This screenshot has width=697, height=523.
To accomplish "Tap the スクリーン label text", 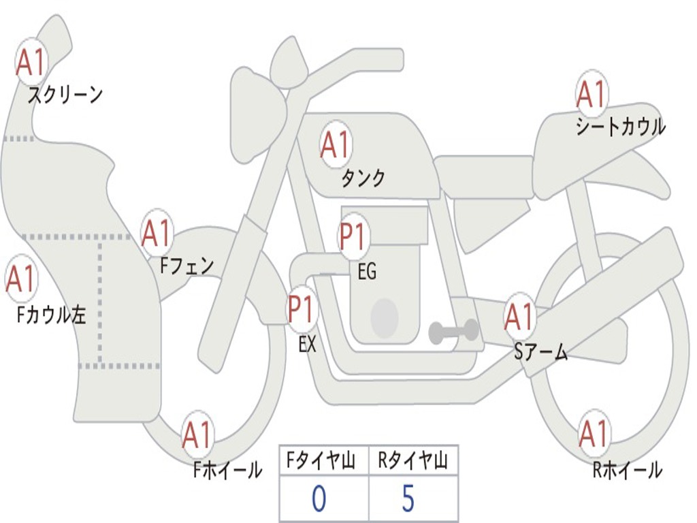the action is pos(65,95).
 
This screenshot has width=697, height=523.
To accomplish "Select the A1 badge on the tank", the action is pos(335,144).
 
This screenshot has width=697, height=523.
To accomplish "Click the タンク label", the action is pos(363,178).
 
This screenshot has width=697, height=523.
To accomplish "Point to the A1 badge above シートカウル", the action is pos(591,95).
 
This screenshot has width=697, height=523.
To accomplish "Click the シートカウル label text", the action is pos(620,127).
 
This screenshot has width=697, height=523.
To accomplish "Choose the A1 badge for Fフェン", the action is pos(157,234).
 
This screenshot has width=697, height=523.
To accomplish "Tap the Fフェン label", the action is pos(187,266).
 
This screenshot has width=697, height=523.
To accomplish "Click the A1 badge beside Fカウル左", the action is pos(20,279).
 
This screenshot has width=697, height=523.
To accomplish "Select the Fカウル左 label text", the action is pos(52,314).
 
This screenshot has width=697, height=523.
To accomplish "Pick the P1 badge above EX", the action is pos(302,310).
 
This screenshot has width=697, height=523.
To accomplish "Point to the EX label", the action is pos(307,345).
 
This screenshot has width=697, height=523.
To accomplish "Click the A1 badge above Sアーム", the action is pos(519,317).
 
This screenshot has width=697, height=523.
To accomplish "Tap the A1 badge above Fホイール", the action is pos(197,434).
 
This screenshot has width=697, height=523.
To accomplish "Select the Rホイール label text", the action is pos(627,469).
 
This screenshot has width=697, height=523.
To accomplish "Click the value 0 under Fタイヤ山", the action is pos(319,499).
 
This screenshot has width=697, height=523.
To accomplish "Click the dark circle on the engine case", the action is pos(385,317).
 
